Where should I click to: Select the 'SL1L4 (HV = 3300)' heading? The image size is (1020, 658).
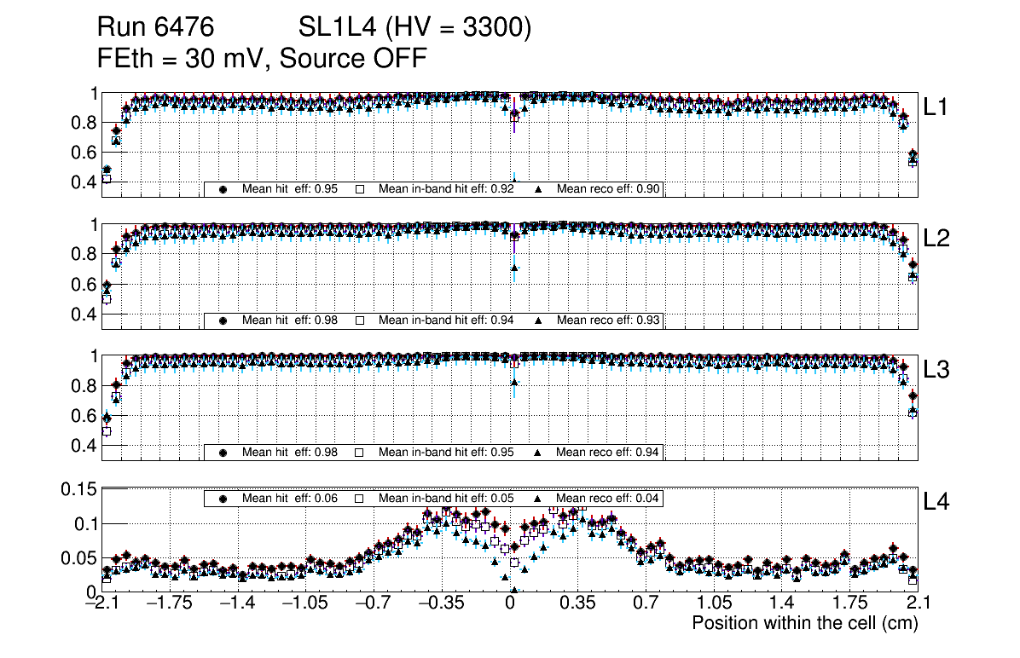tap(414, 28)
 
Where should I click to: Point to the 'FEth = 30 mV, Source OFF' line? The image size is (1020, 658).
tap(262, 58)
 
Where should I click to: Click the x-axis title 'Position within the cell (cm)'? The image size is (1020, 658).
tap(804, 623)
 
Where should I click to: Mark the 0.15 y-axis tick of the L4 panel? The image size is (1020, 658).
tap(78, 489)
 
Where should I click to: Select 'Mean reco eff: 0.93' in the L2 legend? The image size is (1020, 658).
tap(609, 320)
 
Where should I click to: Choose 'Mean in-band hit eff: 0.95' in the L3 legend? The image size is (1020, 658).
tap(446, 452)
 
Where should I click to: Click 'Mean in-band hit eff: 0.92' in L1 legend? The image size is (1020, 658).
tap(446, 189)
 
